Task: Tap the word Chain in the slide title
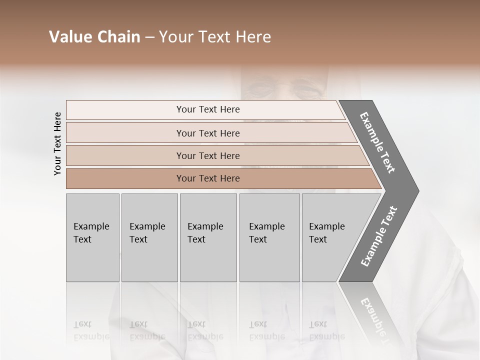(118, 37)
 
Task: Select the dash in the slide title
(149, 37)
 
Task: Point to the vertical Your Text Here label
(57, 143)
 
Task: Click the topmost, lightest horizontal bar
(207, 109)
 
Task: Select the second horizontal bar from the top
(207, 133)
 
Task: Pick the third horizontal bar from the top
(207, 155)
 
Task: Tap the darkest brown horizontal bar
(207, 178)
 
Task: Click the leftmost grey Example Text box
(92, 237)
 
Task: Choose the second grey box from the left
(149, 237)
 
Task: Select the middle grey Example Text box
(208, 237)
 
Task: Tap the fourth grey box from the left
(269, 237)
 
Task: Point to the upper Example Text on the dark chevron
(377, 142)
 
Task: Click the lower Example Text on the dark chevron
(379, 236)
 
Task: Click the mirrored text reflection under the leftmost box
(91, 330)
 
